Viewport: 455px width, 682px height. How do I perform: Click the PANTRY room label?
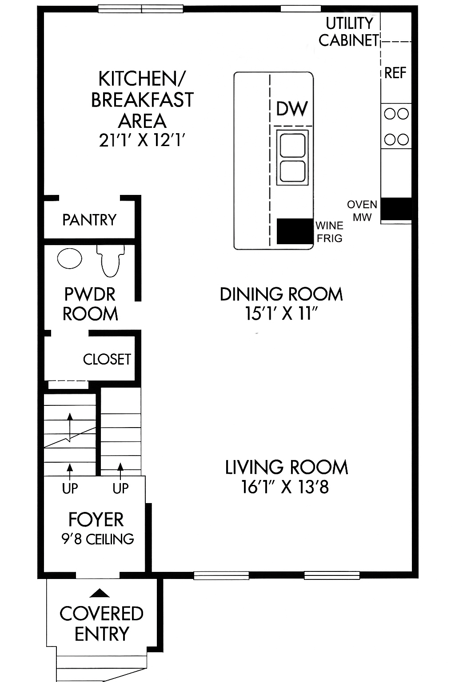89,220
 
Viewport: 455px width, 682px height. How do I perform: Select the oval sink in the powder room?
70,258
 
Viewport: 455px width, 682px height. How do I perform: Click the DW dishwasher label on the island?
292,108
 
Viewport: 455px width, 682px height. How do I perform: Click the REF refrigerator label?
395,73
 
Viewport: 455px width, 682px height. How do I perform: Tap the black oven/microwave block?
396,208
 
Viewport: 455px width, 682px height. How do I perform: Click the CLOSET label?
107,359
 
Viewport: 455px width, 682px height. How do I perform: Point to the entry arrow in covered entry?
100,593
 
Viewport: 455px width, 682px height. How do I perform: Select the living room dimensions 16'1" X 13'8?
285,487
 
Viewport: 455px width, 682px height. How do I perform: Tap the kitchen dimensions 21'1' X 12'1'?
142,141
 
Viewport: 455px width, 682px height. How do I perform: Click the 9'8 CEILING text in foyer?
98,539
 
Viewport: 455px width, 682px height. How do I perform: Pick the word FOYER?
96,519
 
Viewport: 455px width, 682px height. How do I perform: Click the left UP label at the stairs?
70,488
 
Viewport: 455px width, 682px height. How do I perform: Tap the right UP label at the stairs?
120,488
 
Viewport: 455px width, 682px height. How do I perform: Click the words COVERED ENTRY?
102,623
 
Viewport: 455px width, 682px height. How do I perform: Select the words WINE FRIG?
329,232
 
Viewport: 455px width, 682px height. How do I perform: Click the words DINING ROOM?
281,294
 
